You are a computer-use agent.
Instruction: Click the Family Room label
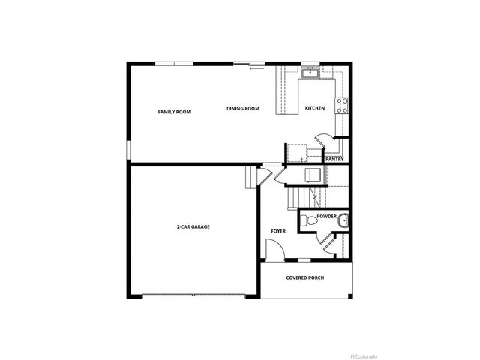pos(174,112)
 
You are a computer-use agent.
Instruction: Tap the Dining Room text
pos(243,109)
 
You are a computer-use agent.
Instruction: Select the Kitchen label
pos(315,109)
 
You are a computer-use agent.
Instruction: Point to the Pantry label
pos(334,159)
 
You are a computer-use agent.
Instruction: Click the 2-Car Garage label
pos(193,226)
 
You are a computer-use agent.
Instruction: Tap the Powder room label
pos(326,216)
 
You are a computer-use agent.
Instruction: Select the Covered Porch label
pos(306,277)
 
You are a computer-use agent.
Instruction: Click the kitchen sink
pos(310,73)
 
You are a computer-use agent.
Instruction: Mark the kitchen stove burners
pos(342,105)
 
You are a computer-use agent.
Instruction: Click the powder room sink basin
pos(343,221)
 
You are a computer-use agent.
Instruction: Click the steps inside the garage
pos(250,179)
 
